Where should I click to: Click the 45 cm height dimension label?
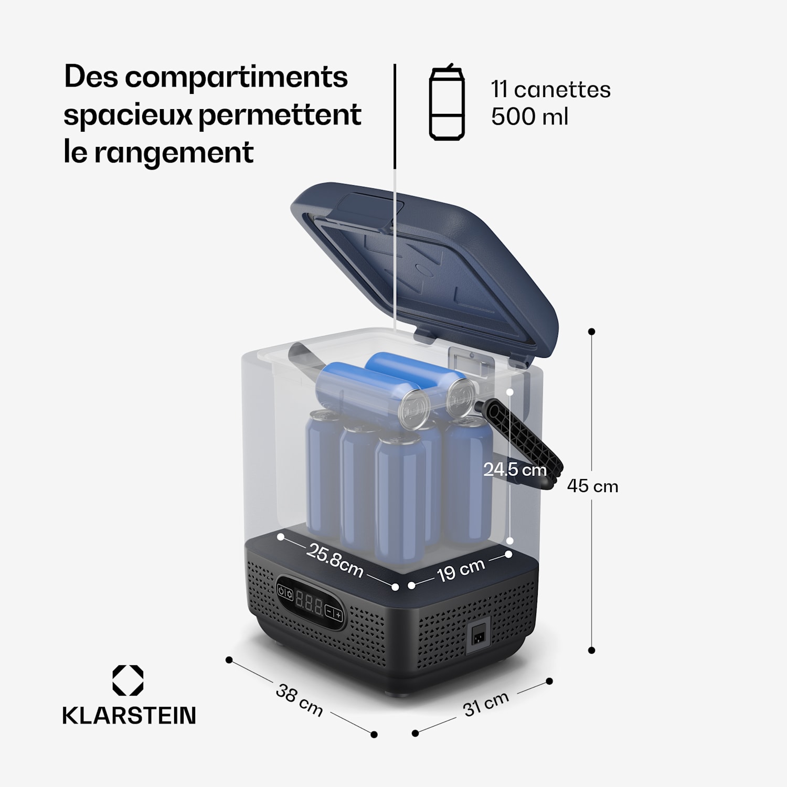(592, 486)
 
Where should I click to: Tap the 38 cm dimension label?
(299, 700)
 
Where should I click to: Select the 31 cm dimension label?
(486, 704)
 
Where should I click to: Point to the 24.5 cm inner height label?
(515, 470)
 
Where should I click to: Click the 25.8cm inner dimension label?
(335, 560)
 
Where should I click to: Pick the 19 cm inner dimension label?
(461, 570)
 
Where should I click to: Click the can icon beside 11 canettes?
(446, 103)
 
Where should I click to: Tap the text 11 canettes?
(551, 90)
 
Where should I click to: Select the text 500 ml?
(529, 116)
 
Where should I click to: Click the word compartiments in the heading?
(236, 77)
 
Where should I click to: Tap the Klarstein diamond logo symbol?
(128, 680)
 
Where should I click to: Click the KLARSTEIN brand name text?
(129, 716)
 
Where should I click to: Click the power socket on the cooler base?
(478, 636)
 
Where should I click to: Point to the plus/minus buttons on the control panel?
(334, 613)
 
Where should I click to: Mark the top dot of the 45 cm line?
(592, 332)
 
